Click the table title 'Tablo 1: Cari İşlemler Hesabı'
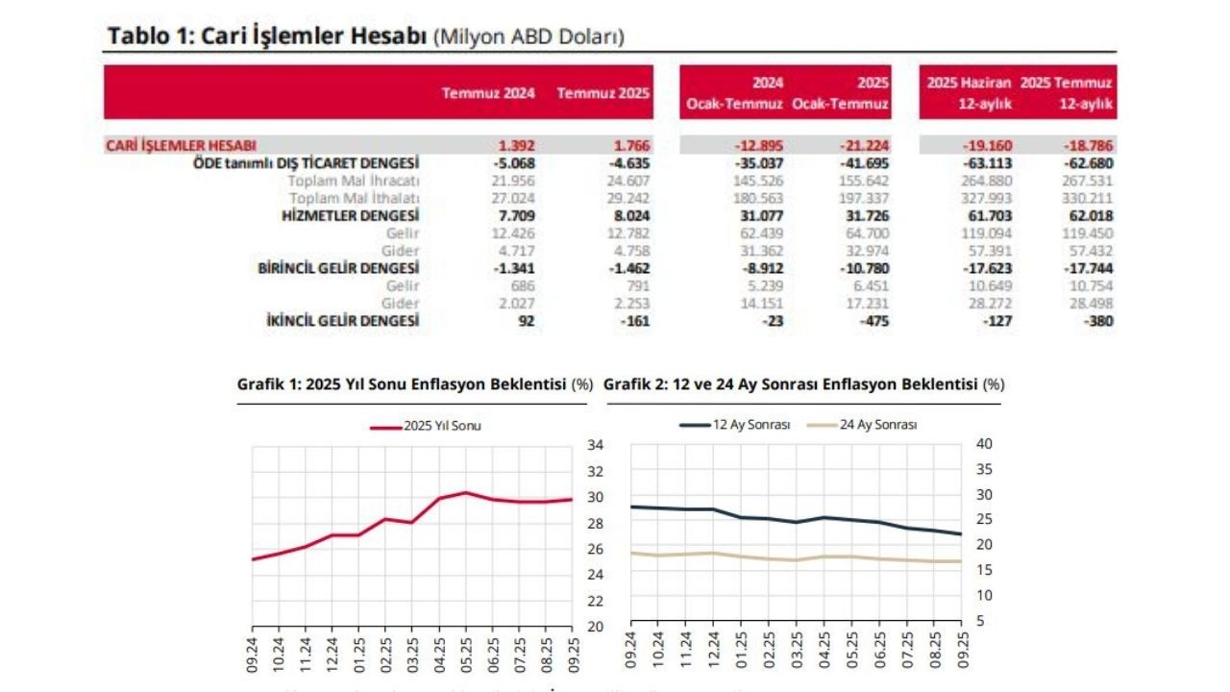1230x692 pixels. point(267,37)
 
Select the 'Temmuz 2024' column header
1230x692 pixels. point(488,93)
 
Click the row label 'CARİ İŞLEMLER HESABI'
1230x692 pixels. point(181,146)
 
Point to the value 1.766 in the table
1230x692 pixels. point(630,146)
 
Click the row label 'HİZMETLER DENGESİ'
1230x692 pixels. point(350,216)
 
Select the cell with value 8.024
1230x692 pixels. point(630,216)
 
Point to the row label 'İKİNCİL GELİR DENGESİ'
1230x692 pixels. point(342,322)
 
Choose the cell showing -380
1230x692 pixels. point(1097,322)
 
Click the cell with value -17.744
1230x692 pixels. point(1090,269)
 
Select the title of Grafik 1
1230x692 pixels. point(403,384)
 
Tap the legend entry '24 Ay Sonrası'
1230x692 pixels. point(877,425)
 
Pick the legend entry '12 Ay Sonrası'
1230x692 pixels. point(750,425)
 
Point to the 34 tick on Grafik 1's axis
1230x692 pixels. point(595,445)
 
